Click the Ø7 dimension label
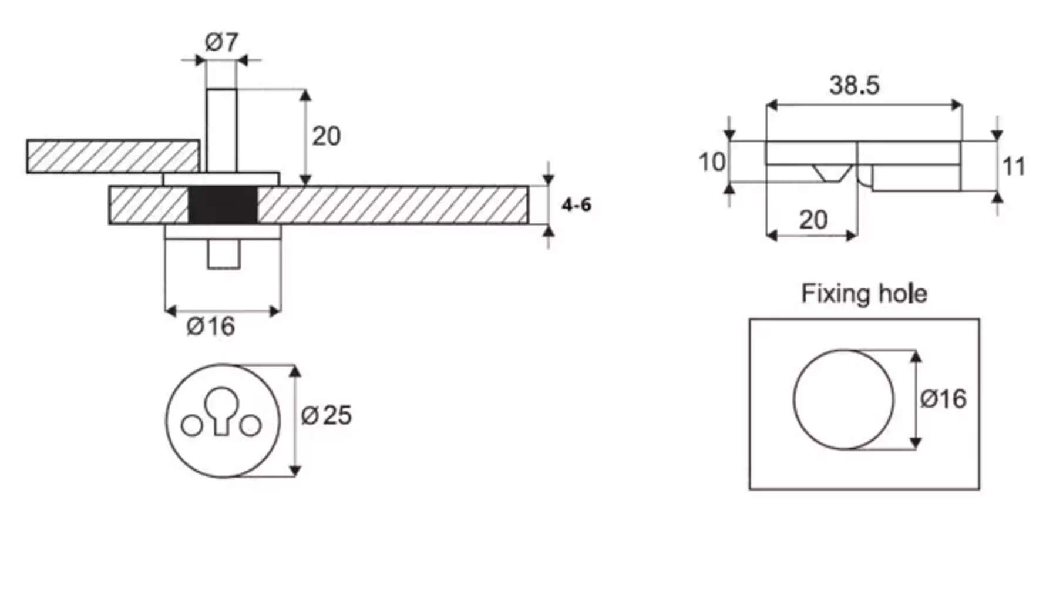221,42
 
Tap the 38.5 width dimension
855,85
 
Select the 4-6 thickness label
576,205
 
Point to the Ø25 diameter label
327,415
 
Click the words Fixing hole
864,293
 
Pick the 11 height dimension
1014,167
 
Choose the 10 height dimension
712,162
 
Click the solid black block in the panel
223,204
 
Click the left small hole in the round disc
191,425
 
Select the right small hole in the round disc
251,425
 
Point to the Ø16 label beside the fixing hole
943,399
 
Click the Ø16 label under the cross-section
211,327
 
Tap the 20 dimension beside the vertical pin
326,136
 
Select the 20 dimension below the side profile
813,220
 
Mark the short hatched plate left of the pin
113,156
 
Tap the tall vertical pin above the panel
222,130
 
